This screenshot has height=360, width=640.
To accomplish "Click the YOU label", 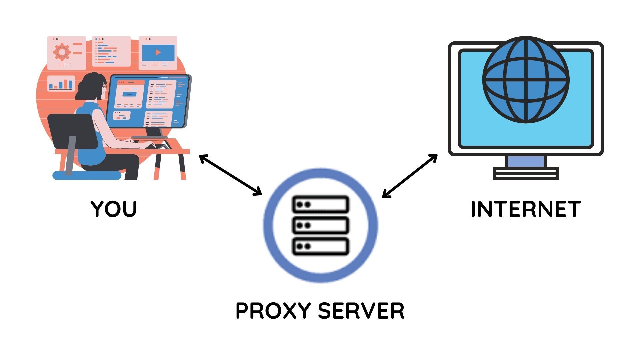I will tap(114, 209).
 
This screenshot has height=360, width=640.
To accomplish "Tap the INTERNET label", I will tap(526, 209).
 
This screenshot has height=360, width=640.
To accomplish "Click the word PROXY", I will tap(273, 311).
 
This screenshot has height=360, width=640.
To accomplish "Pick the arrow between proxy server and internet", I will tap(410, 176).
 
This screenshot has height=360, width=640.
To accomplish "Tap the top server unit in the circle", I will tap(320, 204).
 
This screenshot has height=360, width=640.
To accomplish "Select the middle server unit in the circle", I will tap(320, 225).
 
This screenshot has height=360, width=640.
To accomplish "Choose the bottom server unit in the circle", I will tap(320, 246).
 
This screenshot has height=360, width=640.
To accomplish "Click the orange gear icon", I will tap(62, 52).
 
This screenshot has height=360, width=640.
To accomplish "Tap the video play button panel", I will tap(158, 53).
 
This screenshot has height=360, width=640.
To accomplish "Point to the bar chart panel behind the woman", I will tap(61, 83).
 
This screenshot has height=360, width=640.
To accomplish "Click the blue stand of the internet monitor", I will tap(526, 161).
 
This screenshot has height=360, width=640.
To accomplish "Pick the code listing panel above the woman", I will tap(111, 51).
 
